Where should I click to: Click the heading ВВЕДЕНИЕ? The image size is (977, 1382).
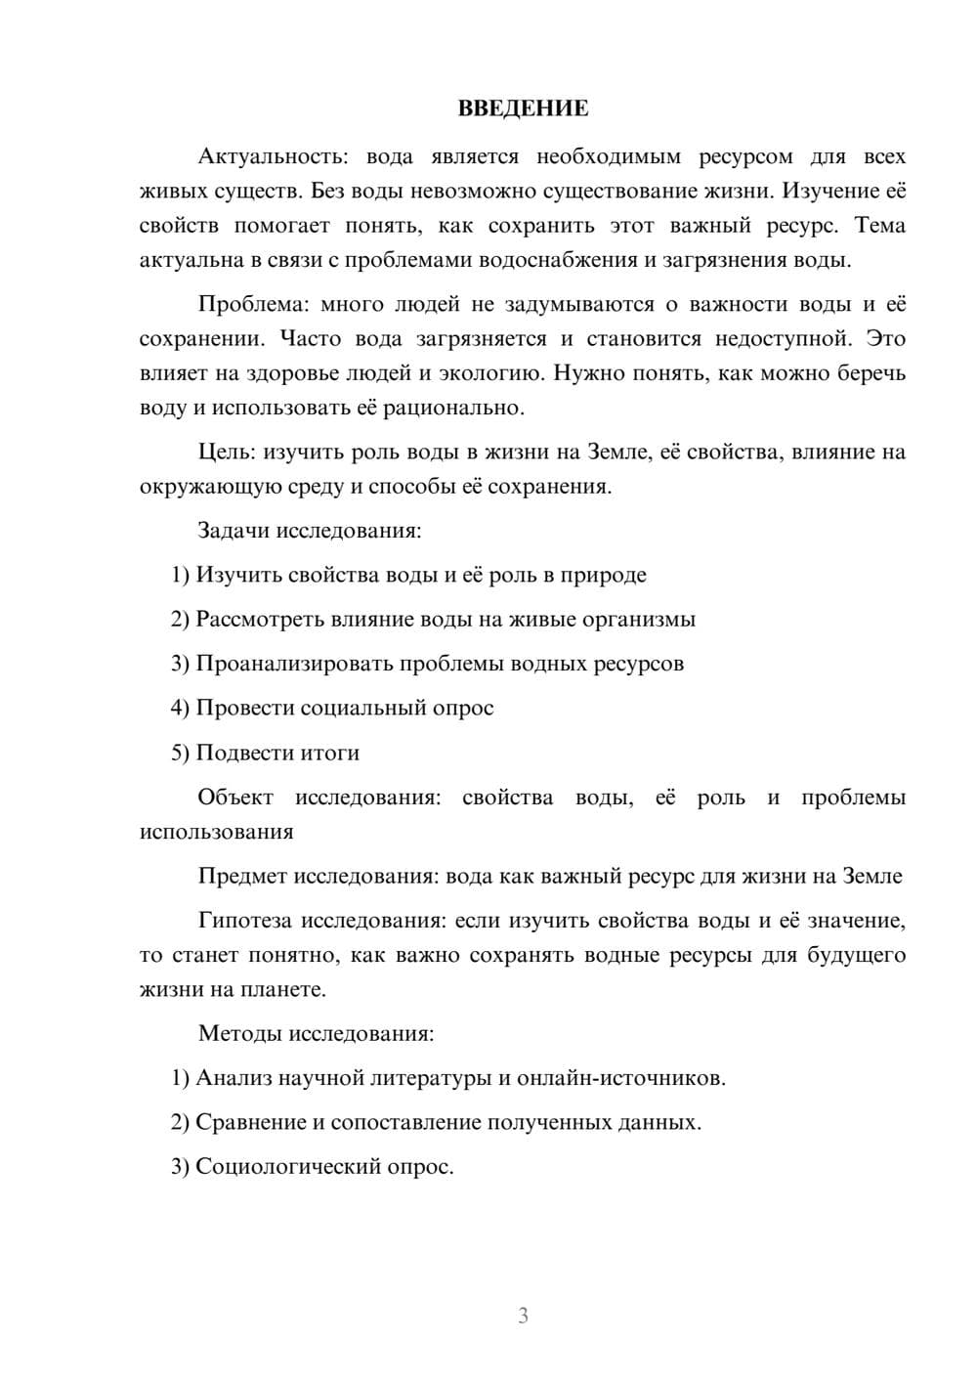tap(523, 108)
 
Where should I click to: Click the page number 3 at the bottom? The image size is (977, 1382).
tap(523, 1316)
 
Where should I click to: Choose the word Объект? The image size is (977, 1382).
tap(235, 798)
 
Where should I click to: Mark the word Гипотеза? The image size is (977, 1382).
tap(245, 921)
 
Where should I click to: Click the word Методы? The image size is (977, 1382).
tap(237, 1033)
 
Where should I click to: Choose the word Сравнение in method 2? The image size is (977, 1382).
tap(251, 1122)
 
